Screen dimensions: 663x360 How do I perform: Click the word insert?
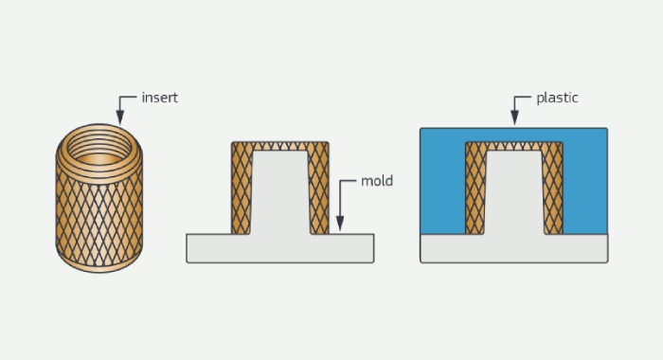[159, 98]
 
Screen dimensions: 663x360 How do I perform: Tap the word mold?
[377, 181]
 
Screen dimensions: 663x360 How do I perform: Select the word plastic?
[557, 99]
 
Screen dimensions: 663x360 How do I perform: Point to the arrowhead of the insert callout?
[120, 117]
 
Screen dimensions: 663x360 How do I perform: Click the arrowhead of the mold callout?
[339, 224]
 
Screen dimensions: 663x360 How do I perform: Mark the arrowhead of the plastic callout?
[514, 117]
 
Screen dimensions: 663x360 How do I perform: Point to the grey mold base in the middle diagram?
[280, 249]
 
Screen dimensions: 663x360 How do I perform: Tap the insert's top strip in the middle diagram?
[280, 146]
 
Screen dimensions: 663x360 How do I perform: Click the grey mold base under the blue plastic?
[513, 249]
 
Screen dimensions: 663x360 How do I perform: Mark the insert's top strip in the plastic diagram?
[513, 146]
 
